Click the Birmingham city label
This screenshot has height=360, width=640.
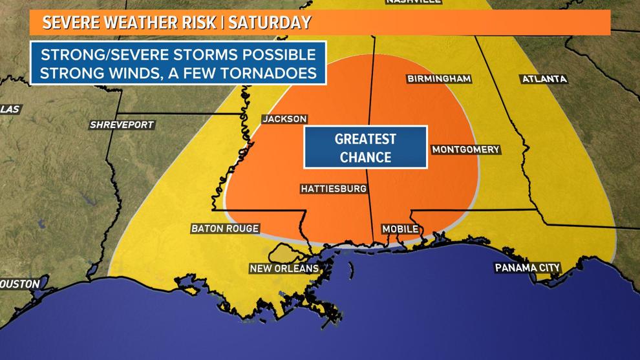(438, 79)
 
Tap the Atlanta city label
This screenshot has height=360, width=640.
(543, 79)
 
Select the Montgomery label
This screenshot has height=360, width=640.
(465, 149)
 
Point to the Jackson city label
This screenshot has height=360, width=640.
(284, 119)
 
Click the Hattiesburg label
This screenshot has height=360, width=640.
(334, 189)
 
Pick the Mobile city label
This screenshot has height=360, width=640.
(400, 229)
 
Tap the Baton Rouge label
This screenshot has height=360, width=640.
(225, 228)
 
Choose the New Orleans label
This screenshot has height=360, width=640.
(284, 268)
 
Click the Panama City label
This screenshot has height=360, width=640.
(527, 268)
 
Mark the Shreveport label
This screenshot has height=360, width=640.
(122, 125)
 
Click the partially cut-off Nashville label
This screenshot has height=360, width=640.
(414, 2)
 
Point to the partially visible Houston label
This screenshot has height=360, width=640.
(19, 284)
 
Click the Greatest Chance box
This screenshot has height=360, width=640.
(365, 147)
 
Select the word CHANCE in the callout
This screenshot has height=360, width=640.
(365, 156)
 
